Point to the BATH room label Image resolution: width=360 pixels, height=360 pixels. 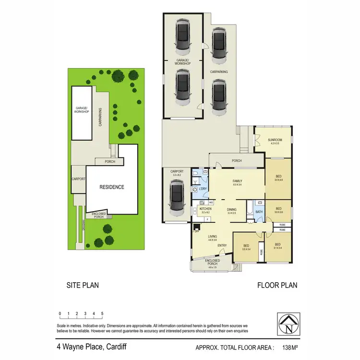point(259,212)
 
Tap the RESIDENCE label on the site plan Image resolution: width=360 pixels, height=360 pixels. point(111,187)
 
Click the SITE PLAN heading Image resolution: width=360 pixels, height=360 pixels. point(83,285)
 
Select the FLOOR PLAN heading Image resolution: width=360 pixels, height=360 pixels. point(277,285)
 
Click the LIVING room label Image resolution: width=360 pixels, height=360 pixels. point(213,237)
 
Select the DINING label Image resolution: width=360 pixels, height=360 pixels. point(232,209)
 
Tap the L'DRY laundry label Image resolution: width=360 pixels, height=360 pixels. point(203,189)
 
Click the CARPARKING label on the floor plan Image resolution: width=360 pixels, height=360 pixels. point(219,72)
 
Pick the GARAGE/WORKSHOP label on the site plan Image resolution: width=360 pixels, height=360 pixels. point(82,110)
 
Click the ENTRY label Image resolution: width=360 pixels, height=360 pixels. point(222,246)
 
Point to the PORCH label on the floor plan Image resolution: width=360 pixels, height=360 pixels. point(236,161)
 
